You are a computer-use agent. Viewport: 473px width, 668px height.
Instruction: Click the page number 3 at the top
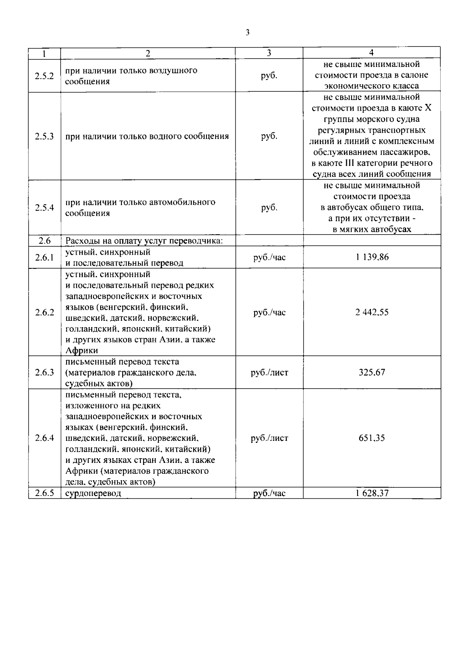coord(247,33)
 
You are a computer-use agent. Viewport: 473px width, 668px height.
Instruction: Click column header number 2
coord(148,53)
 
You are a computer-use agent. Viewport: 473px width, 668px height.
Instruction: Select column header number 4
coord(371,53)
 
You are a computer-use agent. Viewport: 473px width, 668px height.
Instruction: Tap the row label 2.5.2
coord(44,76)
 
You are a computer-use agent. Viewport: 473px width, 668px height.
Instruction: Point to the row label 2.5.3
coord(44,137)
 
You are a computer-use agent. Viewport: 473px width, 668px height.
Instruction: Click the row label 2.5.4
coord(44,207)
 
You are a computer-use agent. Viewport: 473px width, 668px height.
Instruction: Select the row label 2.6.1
coord(44,257)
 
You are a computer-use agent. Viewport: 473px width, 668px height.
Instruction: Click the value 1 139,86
coord(372,257)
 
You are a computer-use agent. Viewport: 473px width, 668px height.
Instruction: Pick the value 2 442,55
coord(372,312)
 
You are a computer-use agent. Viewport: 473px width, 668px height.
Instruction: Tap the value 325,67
coord(372,372)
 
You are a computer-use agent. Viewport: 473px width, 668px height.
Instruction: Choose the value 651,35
coord(372,438)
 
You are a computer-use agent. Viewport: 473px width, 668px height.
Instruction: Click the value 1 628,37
coord(372,493)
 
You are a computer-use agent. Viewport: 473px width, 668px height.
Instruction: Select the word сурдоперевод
coord(93,493)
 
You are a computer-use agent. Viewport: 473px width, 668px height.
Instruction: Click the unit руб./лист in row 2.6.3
coord(269,372)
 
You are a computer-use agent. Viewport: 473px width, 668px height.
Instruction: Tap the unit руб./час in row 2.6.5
coord(269,493)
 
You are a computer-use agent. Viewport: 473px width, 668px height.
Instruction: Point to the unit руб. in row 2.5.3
coord(269,137)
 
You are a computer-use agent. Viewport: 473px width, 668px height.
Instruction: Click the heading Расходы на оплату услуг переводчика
coord(144,241)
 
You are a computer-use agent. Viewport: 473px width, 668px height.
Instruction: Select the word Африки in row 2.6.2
coord(82,351)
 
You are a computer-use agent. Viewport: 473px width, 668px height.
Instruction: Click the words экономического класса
coord(371,86)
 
